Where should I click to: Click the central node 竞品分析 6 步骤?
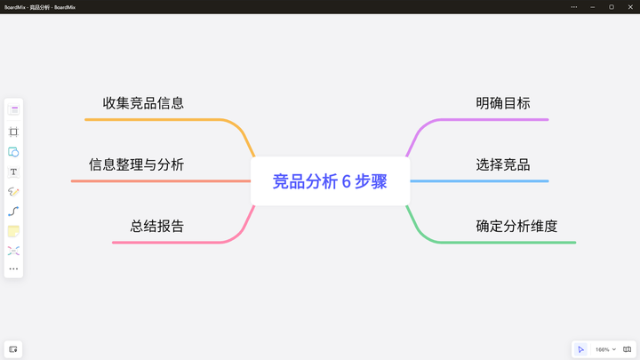(330, 181)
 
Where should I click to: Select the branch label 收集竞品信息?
(143, 103)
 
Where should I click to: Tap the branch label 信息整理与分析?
(136, 164)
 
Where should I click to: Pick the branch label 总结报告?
(157, 226)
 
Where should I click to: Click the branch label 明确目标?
(502, 103)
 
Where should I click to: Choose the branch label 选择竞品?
(502, 164)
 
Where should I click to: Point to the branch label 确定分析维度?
(516, 226)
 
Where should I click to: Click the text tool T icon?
(13, 172)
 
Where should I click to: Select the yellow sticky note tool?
(13, 231)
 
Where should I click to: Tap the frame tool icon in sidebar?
(13, 132)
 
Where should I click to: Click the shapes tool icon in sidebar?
(13, 152)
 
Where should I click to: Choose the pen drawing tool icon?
(13, 191)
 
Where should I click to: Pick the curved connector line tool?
(13, 212)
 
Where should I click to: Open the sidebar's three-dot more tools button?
(13, 268)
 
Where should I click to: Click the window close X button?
(629, 6)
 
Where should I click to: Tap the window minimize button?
(593, 6)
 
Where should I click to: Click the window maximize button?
(612, 6)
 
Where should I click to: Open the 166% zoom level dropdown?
(605, 349)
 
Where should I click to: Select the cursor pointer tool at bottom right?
(580, 349)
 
